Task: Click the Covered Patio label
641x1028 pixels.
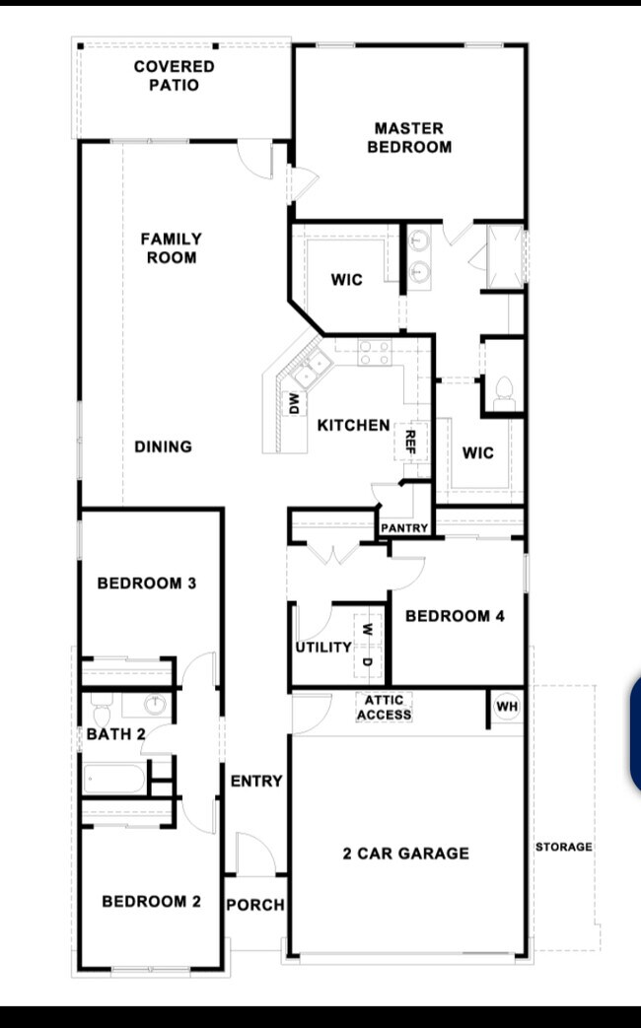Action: (174, 75)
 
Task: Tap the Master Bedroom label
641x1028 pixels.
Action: (409, 137)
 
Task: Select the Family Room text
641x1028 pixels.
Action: (172, 247)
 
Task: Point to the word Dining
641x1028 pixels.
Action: (164, 446)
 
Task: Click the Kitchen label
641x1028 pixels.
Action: (354, 426)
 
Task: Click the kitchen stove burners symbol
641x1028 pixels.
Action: (375, 353)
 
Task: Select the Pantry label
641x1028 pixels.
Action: (404, 527)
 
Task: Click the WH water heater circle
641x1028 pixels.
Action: (507, 706)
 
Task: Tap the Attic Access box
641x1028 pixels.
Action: (385, 708)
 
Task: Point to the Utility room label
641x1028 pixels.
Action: (323, 648)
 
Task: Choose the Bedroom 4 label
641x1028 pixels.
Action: (456, 616)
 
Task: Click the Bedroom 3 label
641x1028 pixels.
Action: (147, 583)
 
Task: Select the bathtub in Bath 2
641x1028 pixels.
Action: (114, 779)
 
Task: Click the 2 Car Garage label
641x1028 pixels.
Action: (406, 853)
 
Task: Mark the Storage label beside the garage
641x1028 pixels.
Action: (563, 847)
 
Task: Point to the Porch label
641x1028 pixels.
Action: (255, 905)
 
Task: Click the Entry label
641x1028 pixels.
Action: (256, 781)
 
